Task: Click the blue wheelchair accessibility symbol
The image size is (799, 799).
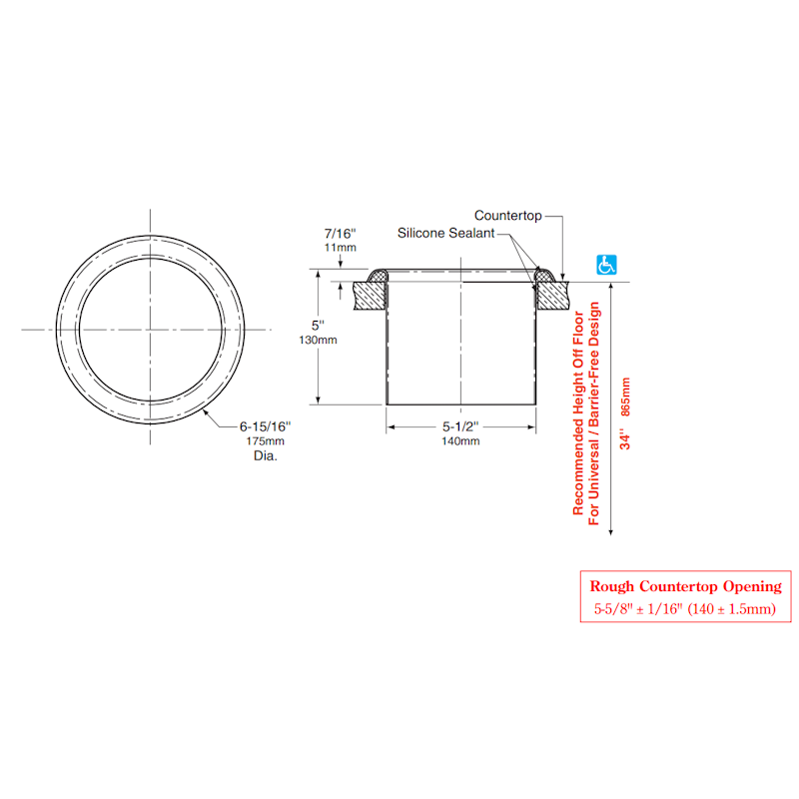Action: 606,265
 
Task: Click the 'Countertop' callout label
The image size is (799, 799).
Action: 507,215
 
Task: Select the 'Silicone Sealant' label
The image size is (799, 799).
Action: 445,233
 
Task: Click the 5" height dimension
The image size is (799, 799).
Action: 319,326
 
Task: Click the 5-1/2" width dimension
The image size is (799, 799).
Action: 460,426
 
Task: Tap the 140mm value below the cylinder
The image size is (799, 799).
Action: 460,441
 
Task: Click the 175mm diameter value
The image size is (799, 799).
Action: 265,440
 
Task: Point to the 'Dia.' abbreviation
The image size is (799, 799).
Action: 265,455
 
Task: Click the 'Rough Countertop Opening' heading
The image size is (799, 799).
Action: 678,586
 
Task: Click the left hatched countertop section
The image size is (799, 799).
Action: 371,294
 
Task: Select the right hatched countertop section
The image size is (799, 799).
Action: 550,294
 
